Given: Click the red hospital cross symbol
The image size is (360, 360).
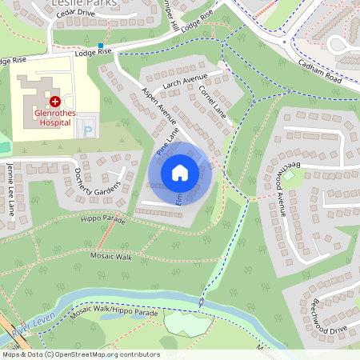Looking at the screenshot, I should pyautogui.click(x=55, y=102).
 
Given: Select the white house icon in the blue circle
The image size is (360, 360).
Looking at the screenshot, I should pyautogui.click(x=180, y=173).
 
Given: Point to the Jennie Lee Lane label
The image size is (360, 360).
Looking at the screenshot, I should pyautogui.click(x=10, y=190).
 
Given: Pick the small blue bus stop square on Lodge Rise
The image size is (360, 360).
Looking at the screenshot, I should pyautogui.click(x=101, y=46).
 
